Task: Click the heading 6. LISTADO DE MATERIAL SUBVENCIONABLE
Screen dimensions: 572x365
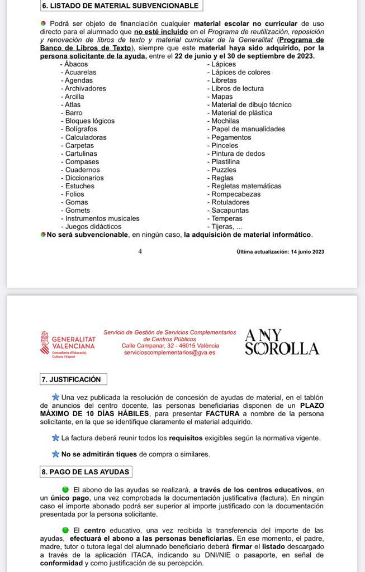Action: [x=121, y=6]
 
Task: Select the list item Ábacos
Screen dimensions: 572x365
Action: [x=76, y=64]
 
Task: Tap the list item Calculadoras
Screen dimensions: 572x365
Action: [x=86, y=137]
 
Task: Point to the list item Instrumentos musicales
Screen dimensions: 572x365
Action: [x=102, y=218]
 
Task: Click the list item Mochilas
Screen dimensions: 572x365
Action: [x=225, y=121]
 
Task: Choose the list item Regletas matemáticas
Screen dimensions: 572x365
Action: [x=246, y=186]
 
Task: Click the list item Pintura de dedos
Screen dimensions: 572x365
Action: [x=238, y=154]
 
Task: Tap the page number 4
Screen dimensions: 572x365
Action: [x=140, y=251]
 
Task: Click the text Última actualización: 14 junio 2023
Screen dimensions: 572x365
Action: [x=280, y=251]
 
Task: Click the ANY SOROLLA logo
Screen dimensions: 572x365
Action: [x=282, y=342]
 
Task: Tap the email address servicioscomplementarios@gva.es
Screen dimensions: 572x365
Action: [x=169, y=353]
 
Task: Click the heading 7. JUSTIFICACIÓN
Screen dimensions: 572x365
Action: [x=71, y=379]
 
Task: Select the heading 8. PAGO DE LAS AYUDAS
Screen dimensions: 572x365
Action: [x=86, y=471]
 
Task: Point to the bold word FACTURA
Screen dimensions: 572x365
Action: [x=224, y=413]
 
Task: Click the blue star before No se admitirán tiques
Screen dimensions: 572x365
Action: [x=55, y=454]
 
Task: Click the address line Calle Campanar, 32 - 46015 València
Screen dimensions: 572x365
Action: [x=170, y=346]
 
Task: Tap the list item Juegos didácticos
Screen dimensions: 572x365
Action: [x=93, y=227]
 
